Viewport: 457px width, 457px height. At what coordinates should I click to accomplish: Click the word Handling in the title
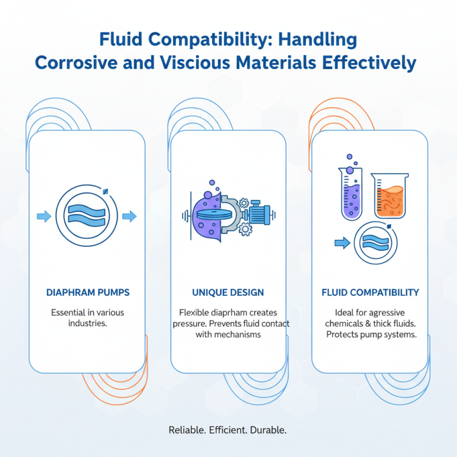click(318, 39)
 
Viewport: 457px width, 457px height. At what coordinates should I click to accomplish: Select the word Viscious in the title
click(195, 62)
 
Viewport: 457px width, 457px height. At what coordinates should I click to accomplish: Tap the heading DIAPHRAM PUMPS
click(88, 292)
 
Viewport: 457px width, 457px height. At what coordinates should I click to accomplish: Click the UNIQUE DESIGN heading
click(228, 292)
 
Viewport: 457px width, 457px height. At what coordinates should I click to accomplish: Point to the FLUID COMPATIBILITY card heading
click(370, 292)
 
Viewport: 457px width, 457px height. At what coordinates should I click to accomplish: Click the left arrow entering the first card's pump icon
click(45, 217)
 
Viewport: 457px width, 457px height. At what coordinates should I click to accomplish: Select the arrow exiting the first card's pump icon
click(130, 217)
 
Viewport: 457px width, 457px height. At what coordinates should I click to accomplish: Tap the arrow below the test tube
click(342, 243)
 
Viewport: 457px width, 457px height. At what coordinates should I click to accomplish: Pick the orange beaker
click(390, 195)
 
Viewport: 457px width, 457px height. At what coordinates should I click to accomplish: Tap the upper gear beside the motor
click(244, 203)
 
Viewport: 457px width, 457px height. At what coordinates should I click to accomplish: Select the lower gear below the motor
click(246, 230)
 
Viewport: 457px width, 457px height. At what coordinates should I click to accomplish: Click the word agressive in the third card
click(387, 313)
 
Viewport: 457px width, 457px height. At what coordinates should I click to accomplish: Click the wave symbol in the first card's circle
click(87, 215)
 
